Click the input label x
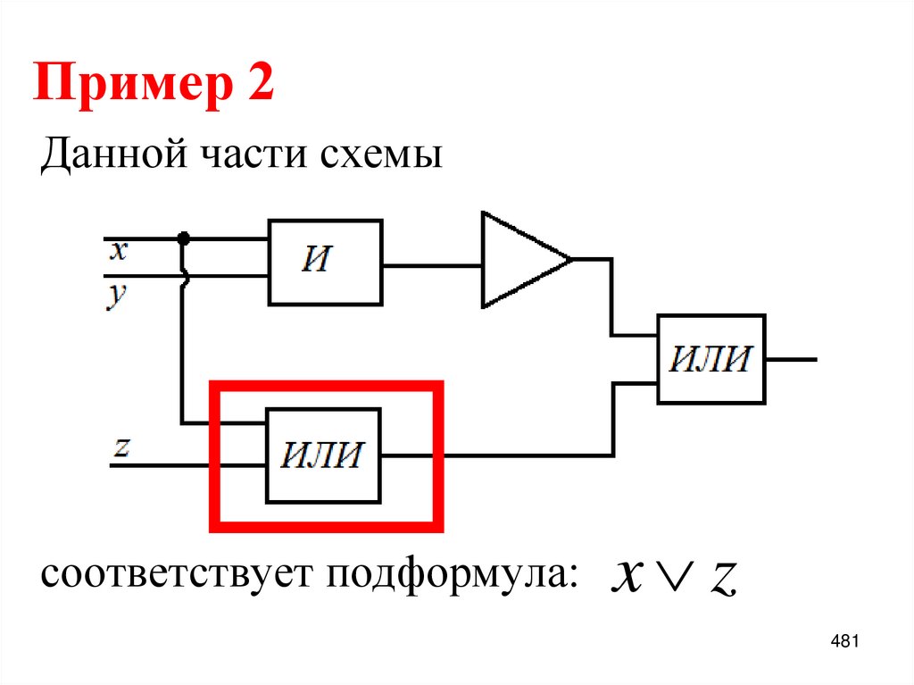119,251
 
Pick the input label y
117,295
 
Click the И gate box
326,262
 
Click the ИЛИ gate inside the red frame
323,455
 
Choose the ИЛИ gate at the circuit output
711,359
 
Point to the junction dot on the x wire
184,238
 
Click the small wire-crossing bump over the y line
185,277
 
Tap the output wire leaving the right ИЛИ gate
792,359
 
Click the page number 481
843,641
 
